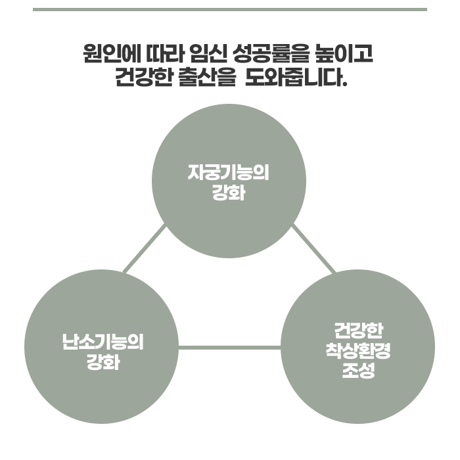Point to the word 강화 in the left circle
click(103, 361)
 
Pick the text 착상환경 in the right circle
click(358, 349)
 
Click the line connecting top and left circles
click(145, 248)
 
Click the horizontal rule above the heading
click(230, 9)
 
